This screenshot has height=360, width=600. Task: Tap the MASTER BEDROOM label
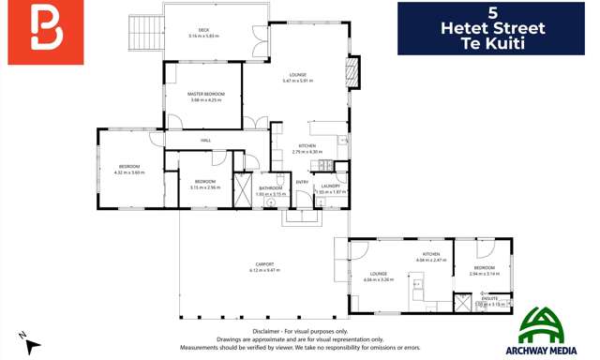pos(205,94)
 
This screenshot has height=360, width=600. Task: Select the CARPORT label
pos(264,263)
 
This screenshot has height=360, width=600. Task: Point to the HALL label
pos(205,141)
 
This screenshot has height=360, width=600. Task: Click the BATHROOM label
pos(271,187)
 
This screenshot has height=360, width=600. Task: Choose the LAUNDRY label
pos(330,186)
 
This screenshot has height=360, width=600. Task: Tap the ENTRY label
pos(302,182)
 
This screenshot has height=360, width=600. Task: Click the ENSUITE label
pos(489,298)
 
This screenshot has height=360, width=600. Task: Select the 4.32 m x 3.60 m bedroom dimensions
pos(129,172)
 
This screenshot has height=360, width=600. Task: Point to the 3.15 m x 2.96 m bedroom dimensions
pos(205,187)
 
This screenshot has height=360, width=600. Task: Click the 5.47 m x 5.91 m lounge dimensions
pos(298,81)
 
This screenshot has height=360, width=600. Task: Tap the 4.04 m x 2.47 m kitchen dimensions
pos(430,260)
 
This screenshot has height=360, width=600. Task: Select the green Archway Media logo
pos(542,330)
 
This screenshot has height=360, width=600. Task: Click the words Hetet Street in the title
pos(492,28)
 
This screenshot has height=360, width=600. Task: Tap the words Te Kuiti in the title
pos(492,43)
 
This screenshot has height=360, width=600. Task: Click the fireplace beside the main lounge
pos(352,73)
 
